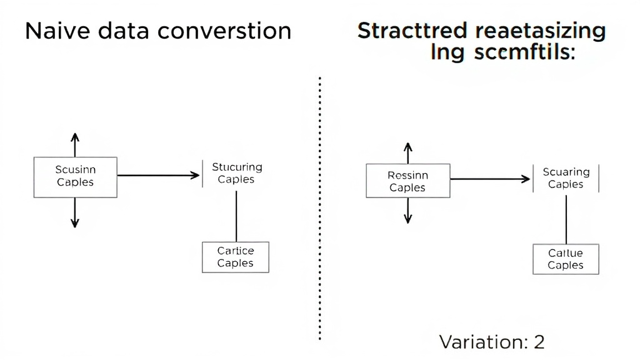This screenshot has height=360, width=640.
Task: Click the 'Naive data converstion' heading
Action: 157,31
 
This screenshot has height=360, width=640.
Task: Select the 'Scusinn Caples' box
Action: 75,177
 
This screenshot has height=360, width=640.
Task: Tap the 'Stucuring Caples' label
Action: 236,173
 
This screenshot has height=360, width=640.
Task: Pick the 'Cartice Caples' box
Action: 235,257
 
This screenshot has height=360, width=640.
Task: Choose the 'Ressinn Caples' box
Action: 407,181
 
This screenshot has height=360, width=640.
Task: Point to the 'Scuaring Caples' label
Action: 566,178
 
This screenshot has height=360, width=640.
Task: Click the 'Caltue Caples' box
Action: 566,259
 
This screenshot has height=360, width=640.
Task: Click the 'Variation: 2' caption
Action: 492,342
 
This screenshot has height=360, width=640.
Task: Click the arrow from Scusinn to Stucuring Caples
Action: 159,176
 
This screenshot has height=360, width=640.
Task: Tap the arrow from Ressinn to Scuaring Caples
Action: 490,179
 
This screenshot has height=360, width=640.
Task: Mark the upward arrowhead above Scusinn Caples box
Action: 75,137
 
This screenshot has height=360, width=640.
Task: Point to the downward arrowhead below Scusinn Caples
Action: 75,222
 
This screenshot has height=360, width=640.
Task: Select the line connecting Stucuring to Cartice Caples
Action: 236,216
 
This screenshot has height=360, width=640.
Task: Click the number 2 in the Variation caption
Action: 538,342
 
